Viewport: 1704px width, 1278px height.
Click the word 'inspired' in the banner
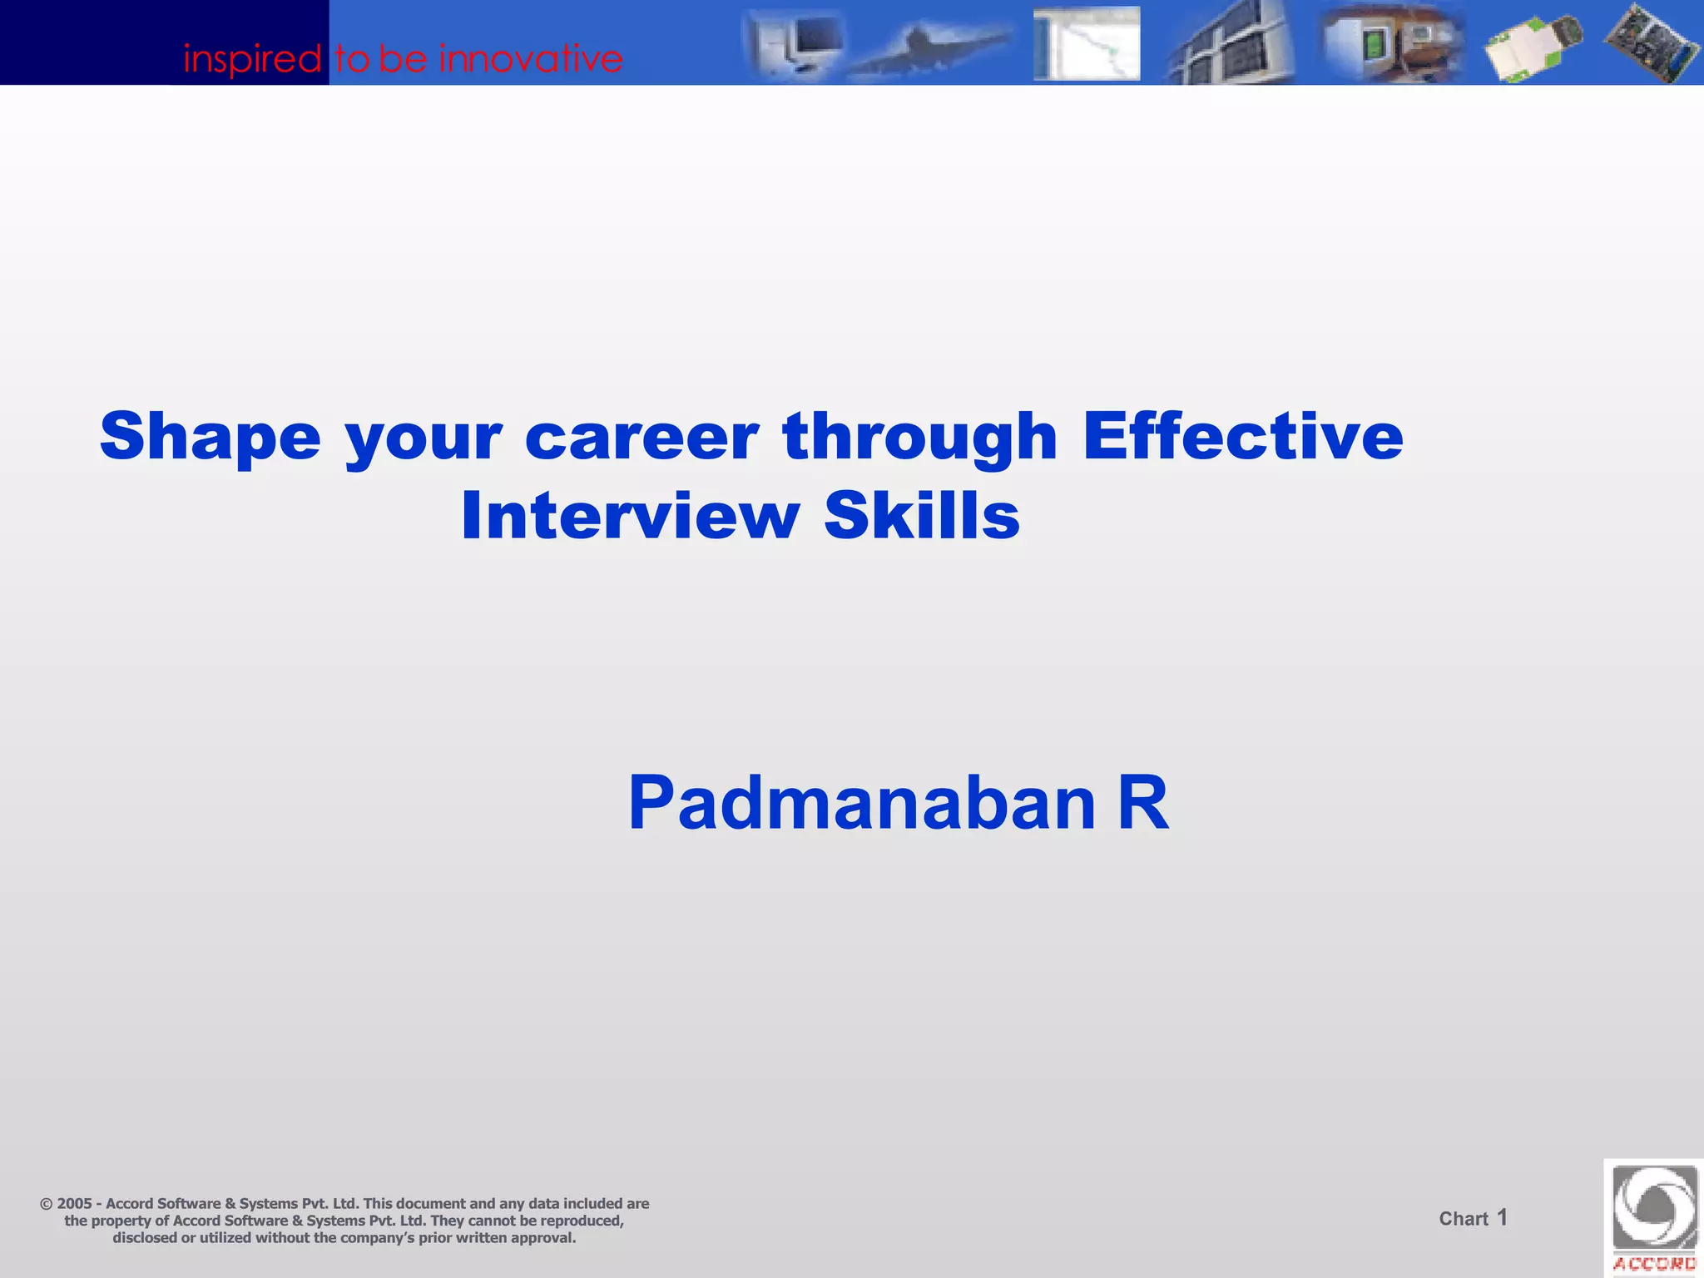pos(252,59)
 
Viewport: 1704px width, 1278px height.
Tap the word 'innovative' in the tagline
pos(531,59)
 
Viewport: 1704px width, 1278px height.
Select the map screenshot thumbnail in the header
pos(1087,43)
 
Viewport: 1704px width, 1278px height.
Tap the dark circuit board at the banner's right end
pos(1651,43)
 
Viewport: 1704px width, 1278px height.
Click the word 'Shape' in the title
pos(210,438)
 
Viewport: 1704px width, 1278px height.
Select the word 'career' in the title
pos(641,438)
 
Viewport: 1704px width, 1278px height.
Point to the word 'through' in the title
pos(919,438)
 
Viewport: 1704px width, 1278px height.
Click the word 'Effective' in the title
pos(1242,436)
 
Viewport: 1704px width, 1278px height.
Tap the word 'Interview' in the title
pos(630,516)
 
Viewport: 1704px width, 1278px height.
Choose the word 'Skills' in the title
pos(921,516)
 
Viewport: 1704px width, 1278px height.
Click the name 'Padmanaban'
pos(861,803)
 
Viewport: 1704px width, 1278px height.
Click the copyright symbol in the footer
pos(46,1204)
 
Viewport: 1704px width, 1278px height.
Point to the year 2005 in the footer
pos(74,1204)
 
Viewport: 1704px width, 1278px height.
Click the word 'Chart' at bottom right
pos(1463,1219)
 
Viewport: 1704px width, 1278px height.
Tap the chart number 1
pos(1502,1218)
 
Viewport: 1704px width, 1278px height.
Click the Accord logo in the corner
pos(1654,1218)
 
